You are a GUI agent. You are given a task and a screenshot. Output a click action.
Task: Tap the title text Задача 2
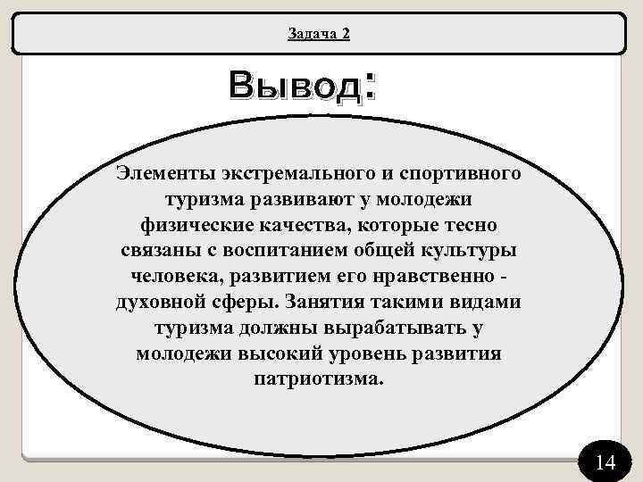[x=319, y=34]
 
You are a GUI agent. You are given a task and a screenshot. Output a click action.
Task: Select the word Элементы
[x=163, y=170]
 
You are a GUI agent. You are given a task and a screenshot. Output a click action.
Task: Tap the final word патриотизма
[x=318, y=379]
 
